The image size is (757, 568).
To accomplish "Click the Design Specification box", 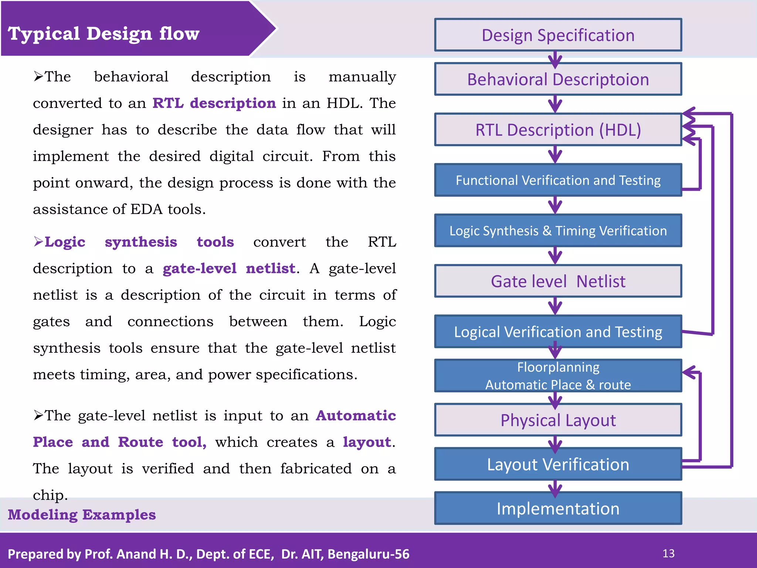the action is tap(558, 35).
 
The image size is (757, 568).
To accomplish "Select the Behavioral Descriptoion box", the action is tap(558, 79).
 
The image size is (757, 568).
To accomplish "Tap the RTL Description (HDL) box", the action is tap(558, 130).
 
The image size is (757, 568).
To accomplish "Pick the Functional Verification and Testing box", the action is tap(558, 180).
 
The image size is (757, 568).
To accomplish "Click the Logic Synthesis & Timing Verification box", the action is tap(558, 231).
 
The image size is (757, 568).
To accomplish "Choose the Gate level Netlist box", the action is tap(558, 281).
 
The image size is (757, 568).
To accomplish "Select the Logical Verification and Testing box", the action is tap(558, 332).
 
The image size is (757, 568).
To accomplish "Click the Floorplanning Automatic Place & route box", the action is tap(558, 376).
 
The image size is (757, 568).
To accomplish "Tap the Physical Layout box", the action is tap(558, 420).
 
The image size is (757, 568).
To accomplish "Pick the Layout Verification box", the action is tap(558, 464).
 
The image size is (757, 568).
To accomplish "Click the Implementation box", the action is tap(558, 508).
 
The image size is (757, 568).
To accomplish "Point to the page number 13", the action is tap(668, 554).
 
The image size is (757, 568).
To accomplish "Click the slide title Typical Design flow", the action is tap(103, 34).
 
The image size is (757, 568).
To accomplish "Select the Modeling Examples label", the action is tap(82, 515).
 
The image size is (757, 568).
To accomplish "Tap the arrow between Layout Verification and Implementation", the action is tap(555, 487).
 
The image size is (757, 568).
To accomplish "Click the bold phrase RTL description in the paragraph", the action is tap(214, 103).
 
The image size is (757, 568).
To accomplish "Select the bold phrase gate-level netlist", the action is tap(229, 268).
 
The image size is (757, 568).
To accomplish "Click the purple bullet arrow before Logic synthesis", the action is tap(38, 241).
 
